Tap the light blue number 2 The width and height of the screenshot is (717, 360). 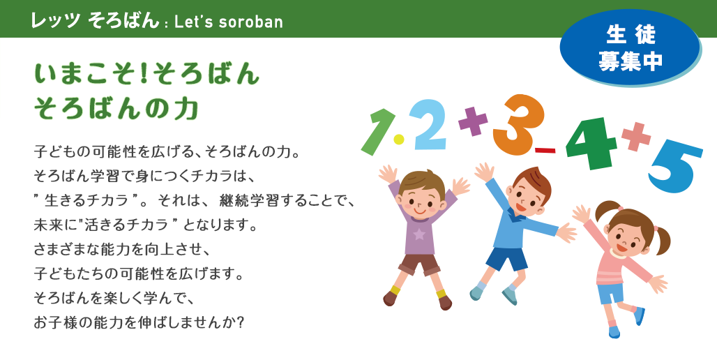pyautogui.click(x=428, y=124)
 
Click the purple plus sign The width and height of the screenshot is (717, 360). pyautogui.click(x=474, y=121)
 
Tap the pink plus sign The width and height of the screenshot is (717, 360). pyautogui.click(x=636, y=136)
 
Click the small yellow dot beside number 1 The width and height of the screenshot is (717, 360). pyautogui.click(x=399, y=139)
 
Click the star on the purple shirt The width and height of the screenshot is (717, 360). pyautogui.click(x=419, y=234)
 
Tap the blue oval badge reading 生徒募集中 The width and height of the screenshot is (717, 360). pyautogui.click(x=630, y=47)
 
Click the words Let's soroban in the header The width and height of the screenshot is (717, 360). pyautogui.click(x=229, y=22)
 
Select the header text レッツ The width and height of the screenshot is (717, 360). pyautogui.click(x=56, y=21)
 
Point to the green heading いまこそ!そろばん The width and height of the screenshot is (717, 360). pyautogui.click(x=147, y=74)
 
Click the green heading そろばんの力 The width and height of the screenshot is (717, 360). pyautogui.click(x=116, y=109)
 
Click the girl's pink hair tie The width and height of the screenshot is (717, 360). pyautogui.click(x=656, y=228)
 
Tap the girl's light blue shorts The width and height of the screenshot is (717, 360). pyautogui.click(x=611, y=293)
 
